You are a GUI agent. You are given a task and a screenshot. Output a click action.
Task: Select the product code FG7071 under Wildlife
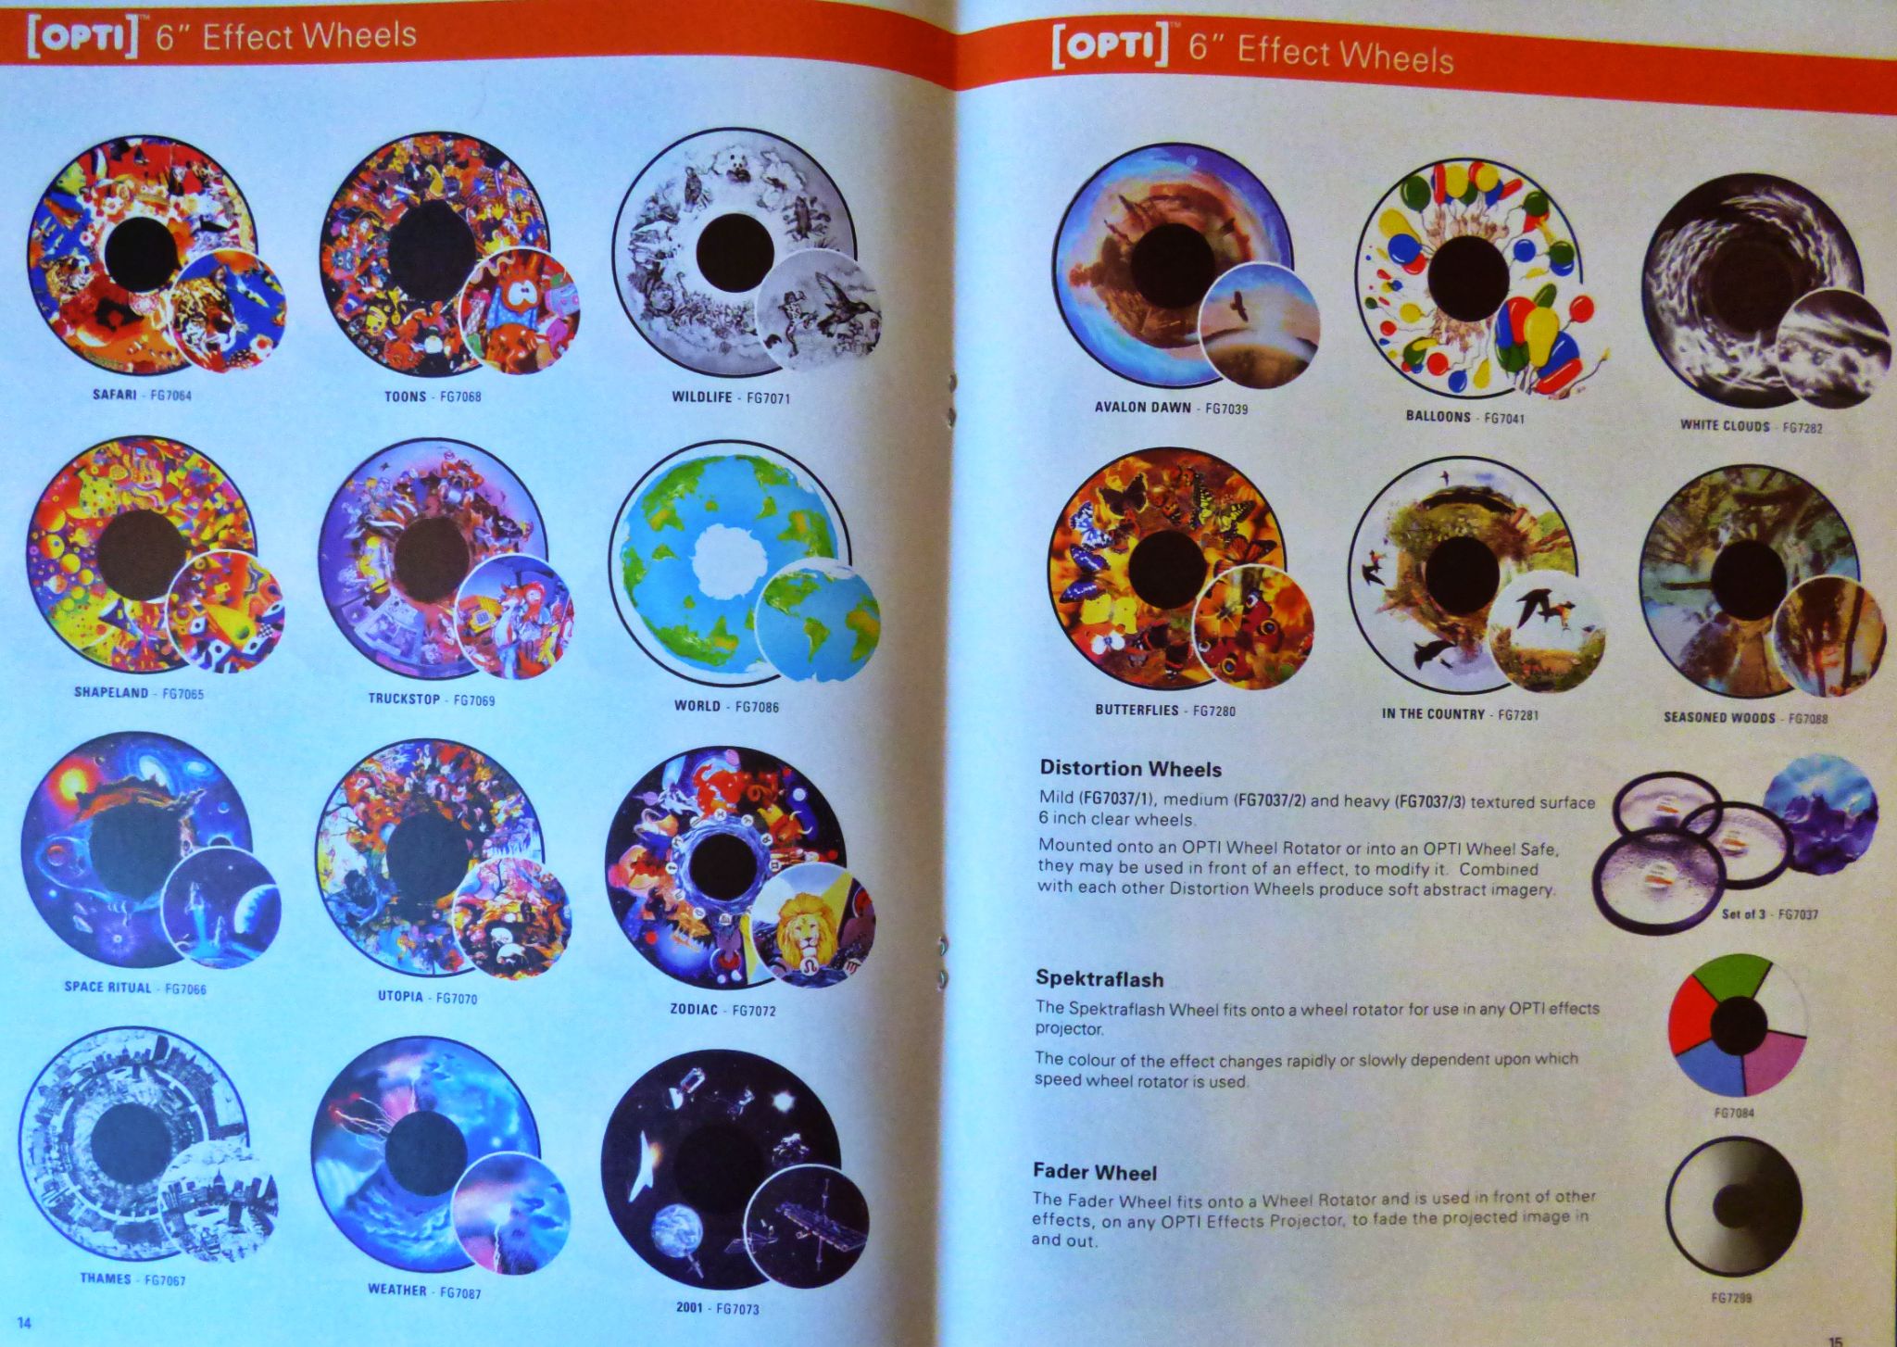click(x=768, y=398)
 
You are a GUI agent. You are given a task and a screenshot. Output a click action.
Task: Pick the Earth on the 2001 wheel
click(x=677, y=1229)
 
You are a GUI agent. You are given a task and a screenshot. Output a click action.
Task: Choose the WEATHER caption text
click(x=397, y=1289)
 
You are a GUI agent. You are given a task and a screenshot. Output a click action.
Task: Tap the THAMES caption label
click(x=106, y=1278)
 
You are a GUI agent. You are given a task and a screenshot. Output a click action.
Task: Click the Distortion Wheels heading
click(x=1130, y=769)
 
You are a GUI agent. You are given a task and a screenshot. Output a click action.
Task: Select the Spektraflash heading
click(x=1100, y=979)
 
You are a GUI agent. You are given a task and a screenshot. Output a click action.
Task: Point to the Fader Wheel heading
click(x=1095, y=1173)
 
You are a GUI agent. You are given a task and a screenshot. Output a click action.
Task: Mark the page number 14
click(x=25, y=1322)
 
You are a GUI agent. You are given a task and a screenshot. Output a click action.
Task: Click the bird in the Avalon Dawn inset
click(x=1238, y=306)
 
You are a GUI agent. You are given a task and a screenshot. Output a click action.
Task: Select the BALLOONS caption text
click(x=1438, y=416)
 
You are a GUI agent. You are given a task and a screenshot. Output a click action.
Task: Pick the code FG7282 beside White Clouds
click(x=1803, y=427)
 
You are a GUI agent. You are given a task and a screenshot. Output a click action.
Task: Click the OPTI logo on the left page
click(x=82, y=39)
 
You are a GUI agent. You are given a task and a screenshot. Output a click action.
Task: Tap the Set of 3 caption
click(x=1742, y=914)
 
